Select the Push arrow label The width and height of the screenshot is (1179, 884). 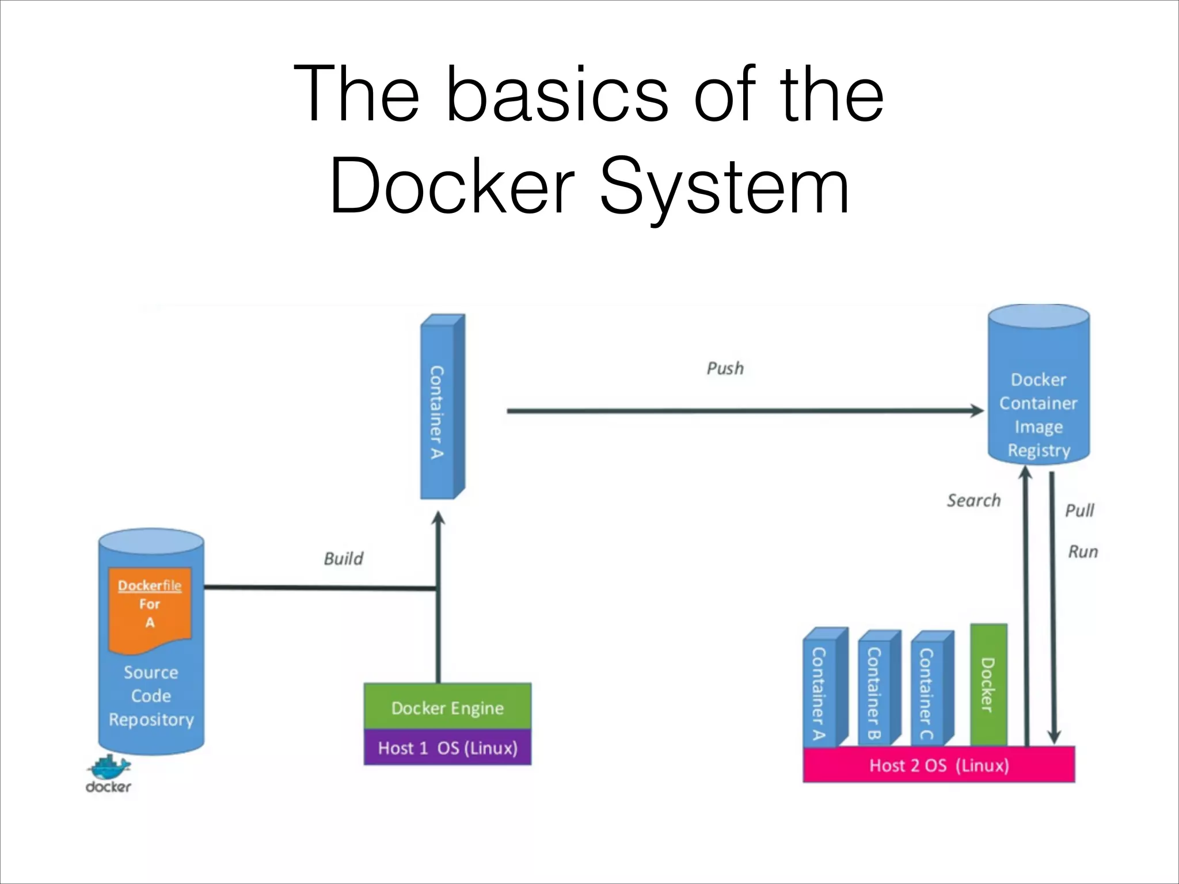725,368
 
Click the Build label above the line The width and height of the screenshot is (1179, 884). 343,558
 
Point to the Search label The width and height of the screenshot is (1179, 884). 973,500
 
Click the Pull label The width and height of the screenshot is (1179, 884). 1079,510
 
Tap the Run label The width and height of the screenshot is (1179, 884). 1083,552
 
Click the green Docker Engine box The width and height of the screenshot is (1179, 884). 447,707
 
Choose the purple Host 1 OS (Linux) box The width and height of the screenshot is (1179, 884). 447,748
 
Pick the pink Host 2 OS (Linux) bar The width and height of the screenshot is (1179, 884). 938,765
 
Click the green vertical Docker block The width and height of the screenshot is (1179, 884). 988,685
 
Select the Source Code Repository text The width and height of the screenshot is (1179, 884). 151,696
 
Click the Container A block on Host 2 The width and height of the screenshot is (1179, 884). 822,691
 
